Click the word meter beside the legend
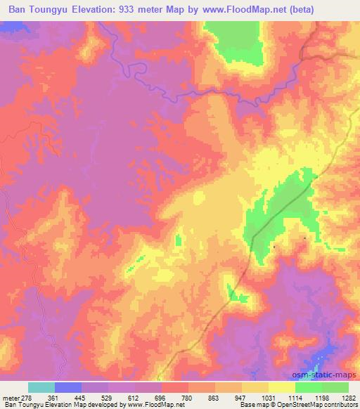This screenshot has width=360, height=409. (10, 397)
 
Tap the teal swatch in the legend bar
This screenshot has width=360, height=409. (41, 387)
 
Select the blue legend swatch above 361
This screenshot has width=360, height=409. (68, 387)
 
